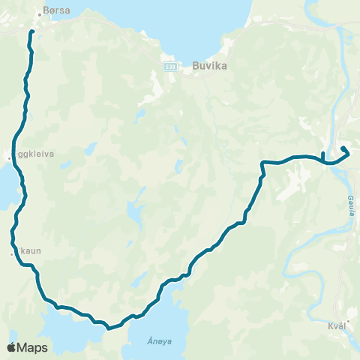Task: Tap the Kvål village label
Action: coord(340,326)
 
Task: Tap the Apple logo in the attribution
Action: coord(12,347)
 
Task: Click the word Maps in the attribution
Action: coord(33,347)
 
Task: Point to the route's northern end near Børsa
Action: coord(31,34)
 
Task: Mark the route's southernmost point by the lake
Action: coord(109,328)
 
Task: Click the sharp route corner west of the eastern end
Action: coord(262,163)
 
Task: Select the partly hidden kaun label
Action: coord(27,252)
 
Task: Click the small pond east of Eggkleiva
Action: coord(90,149)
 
